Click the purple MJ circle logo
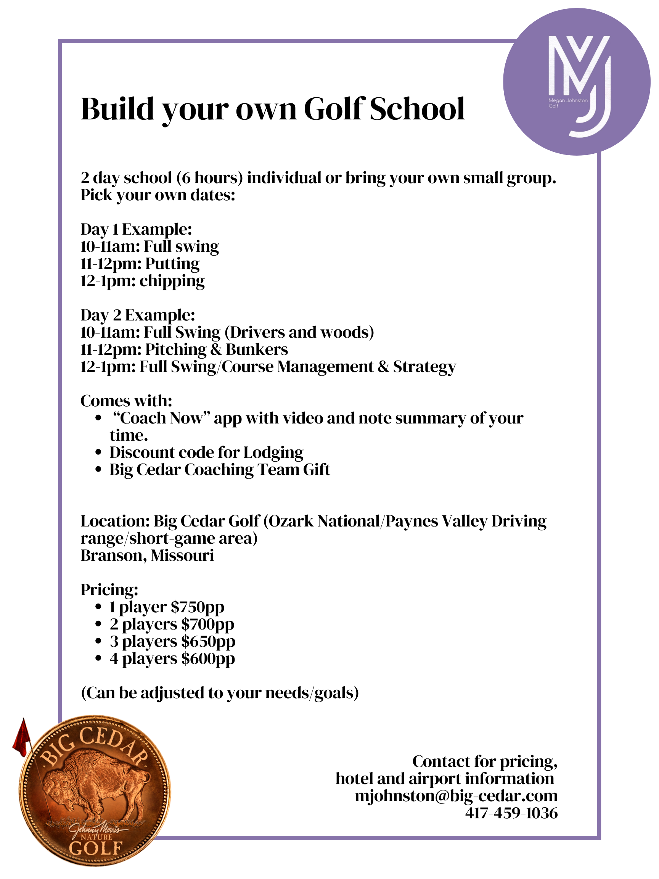click(576, 82)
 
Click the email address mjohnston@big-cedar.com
click(456, 796)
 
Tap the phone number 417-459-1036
click(511, 813)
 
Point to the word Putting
click(172, 264)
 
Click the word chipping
click(172, 281)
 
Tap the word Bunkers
click(257, 350)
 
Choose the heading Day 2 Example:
click(138, 316)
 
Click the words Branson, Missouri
click(147, 555)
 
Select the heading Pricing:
click(109, 590)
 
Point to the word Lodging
click(273, 453)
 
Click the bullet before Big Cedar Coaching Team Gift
click(98, 470)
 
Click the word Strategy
click(424, 367)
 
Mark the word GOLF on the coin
click(95, 848)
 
